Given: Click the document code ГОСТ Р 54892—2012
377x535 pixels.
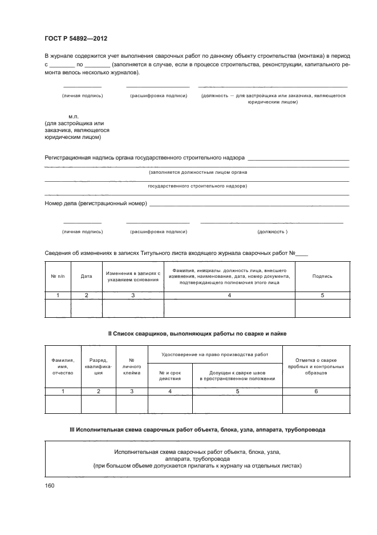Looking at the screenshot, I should point(76,39).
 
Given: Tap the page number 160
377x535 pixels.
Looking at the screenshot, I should point(50,486).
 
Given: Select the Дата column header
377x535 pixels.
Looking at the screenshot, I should point(86,276).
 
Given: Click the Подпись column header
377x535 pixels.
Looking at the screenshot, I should point(322,276).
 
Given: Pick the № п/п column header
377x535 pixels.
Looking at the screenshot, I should point(58,276).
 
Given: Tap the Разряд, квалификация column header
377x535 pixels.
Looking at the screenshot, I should point(98,366).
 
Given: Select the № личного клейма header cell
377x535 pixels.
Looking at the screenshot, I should point(132,366).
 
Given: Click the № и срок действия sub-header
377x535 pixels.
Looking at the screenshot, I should point(169,375).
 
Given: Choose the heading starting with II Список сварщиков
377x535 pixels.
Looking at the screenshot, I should point(197,333).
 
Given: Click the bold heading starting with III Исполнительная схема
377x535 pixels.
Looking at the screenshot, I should point(197,429).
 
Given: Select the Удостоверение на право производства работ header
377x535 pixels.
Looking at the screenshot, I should point(215,354).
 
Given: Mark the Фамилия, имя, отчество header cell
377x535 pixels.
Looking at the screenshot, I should point(63,366).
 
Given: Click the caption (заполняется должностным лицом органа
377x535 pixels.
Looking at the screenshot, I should point(197,172).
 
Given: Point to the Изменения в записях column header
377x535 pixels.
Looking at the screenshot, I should point(133,276).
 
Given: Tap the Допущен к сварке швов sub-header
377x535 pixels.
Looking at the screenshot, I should point(237,375).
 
